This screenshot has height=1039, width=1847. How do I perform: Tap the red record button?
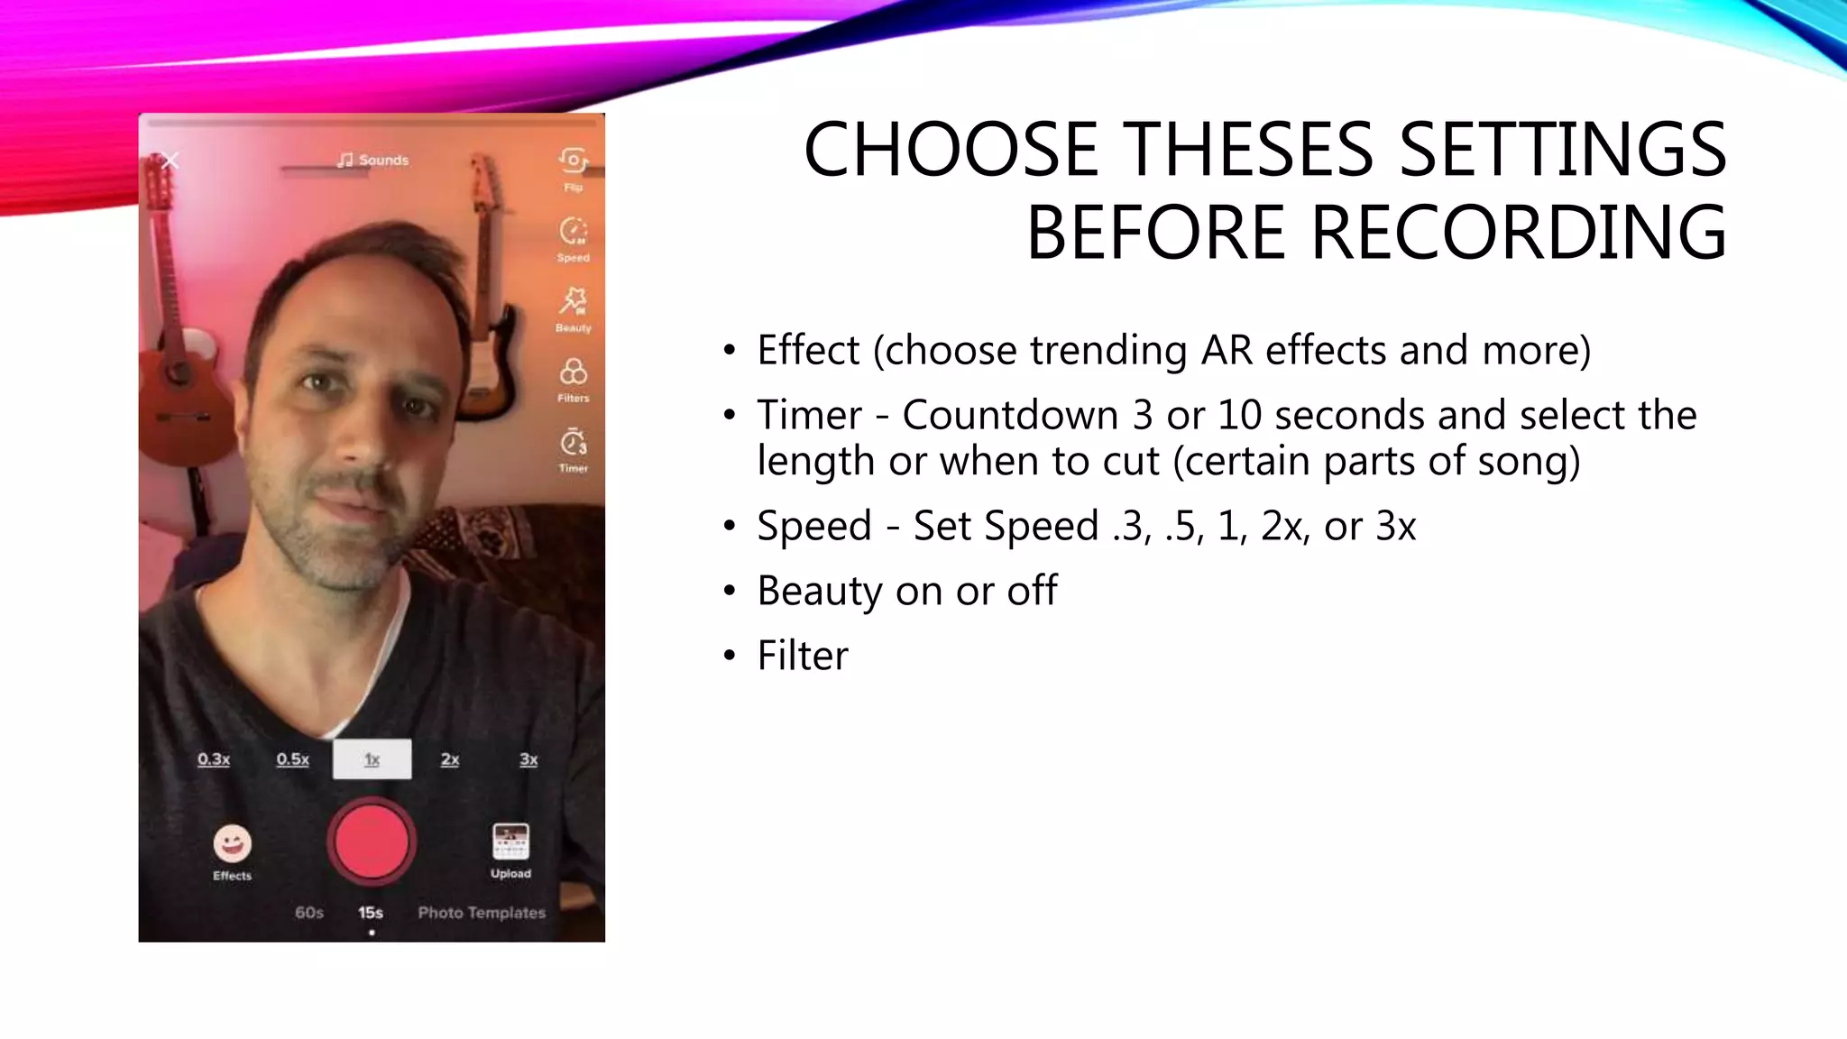pos(371,841)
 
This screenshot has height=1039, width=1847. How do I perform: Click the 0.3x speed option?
pos(214,759)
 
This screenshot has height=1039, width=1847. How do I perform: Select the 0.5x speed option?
pos(292,759)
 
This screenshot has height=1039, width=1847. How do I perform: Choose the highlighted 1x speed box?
pos(372,759)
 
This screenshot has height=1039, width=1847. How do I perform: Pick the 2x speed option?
pos(450,759)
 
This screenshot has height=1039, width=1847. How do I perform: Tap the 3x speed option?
pos(528,759)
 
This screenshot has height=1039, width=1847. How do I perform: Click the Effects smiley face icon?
pos(232,844)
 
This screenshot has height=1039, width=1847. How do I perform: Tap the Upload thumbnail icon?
pos(510,842)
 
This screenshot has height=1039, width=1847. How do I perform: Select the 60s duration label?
pos(308,913)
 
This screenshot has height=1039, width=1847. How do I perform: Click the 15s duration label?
pos(370,913)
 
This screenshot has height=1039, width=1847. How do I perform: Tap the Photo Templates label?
pos(482,913)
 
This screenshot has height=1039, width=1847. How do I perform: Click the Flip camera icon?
pos(573,161)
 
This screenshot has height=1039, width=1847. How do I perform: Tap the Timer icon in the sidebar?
pos(573,443)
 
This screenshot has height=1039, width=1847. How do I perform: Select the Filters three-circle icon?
pos(573,372)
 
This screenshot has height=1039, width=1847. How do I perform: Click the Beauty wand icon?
pos(573,301)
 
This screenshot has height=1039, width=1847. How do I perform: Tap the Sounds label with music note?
pos(372,160)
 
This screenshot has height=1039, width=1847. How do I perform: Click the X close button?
pos(170,161)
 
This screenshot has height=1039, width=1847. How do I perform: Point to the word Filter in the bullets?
pos(802,656)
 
